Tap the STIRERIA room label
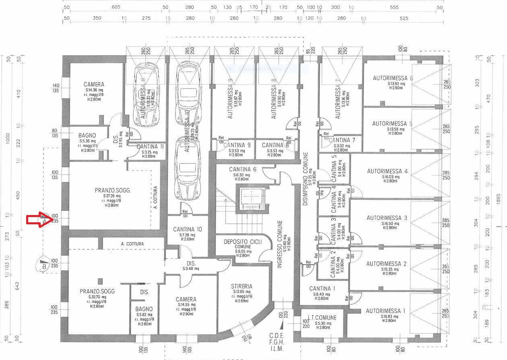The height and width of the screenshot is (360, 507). (x=242, y=286)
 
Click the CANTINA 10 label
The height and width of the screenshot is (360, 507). (x=188, y=230)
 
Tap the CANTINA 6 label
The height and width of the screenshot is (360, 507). (x=242, y=170)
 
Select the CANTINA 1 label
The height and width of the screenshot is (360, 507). (x=322, y=288)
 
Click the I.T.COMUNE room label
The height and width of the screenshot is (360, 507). (x=322, y=318)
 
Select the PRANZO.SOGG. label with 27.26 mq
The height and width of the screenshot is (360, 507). (x=113, y=190)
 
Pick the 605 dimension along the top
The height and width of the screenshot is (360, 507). (x=116, y=7)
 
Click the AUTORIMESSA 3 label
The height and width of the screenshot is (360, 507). (x=387, y=218)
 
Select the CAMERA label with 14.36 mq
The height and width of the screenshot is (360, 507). (x=94, y=85)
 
